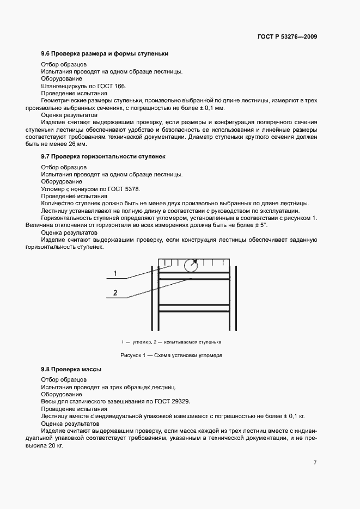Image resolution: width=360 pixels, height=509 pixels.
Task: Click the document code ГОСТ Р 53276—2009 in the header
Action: pos(287,37)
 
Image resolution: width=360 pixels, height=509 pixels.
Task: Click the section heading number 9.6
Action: pos(46,53)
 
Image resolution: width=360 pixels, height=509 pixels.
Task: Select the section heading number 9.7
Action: pos(46,156)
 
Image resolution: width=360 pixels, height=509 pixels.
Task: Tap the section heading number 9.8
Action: pos(46,370)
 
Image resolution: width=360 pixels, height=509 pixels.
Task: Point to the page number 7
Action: pos(315,463)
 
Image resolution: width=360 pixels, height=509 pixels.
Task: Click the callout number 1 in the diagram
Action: pos(115,273)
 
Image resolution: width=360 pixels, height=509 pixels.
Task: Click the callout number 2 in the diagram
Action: pos(115,293)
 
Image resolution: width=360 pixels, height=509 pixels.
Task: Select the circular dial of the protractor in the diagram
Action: pos(191,265)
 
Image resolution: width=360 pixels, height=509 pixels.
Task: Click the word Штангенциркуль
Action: pos(64,86)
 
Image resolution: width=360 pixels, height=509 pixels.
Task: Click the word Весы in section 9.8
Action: pos(49,401)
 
